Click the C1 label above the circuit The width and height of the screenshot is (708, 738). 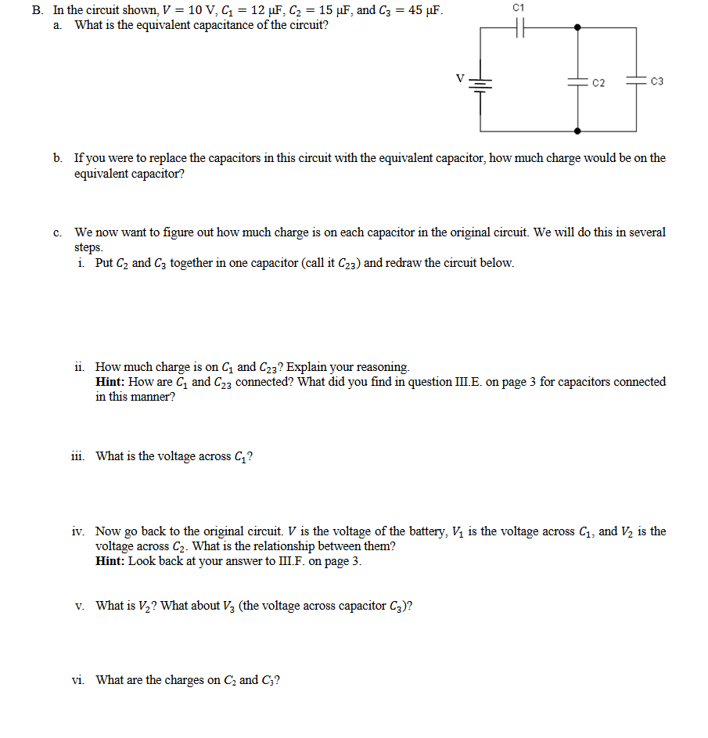pyautogui.click(x=519, y=7)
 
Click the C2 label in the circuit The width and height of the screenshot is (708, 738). pyautogui.click(x=598, y=82)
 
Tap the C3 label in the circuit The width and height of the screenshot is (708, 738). pyautogui.click(x=656, y=81)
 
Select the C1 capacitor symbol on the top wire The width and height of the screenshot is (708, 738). pyautogui.click(x=519, y=27)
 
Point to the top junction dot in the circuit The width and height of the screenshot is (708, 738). pyautogui.click(x=577, y=27)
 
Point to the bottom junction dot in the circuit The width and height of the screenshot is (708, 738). pyautogui.click(x=577, y=130)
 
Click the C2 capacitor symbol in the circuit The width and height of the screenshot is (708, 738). pyautogui.click(x=577, y=81)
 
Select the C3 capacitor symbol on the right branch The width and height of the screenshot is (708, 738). pyautogui.click(x=636, y=80)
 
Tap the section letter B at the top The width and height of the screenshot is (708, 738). pyautogui.click(x=37, y=11)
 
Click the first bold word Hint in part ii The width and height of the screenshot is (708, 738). pyautogui.click(x=110, y=382)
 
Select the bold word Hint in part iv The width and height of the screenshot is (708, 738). pyautogui.click(x=110, y=561)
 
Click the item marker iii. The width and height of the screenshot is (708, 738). pyautogui.click(x=80, y=456)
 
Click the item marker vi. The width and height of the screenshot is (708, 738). pyautogui.click(x=79, y=680)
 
